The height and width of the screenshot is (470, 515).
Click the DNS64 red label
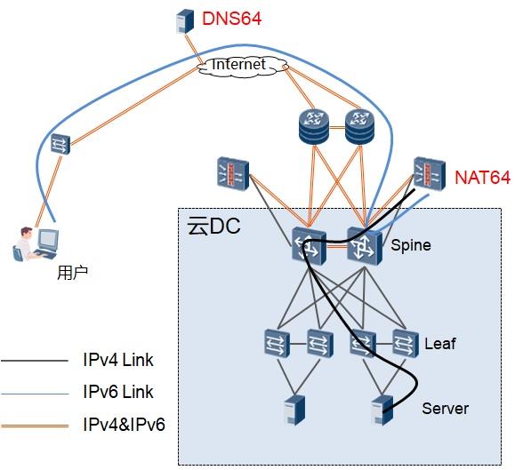point(231,19)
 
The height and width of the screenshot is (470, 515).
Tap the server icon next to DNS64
point(185,21)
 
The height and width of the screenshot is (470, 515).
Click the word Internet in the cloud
point(238,64)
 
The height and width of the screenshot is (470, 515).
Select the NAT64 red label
point(482,178)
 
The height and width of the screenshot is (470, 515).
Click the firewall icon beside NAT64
point(430,173)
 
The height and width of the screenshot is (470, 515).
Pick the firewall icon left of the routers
point(233,174)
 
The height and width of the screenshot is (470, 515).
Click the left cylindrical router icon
point(314,127)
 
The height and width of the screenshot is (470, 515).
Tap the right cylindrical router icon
point(359,127)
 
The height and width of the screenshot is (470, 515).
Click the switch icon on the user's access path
point(60,144)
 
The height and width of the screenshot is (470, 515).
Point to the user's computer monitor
point(48,240)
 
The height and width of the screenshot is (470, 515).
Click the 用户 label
point(73,274)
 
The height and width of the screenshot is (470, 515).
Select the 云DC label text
point(213,226)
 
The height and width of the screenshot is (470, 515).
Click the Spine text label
point(411,245)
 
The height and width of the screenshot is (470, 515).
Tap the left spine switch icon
point(309,246)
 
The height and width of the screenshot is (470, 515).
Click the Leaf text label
point(439,344)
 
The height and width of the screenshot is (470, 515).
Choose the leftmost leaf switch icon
point(277,344)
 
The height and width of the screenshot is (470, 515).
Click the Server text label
point(445,409)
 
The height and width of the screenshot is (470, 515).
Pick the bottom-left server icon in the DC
point(294,410)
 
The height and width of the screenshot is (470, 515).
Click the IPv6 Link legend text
point(118,392)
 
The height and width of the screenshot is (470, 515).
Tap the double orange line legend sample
point(35,426)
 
